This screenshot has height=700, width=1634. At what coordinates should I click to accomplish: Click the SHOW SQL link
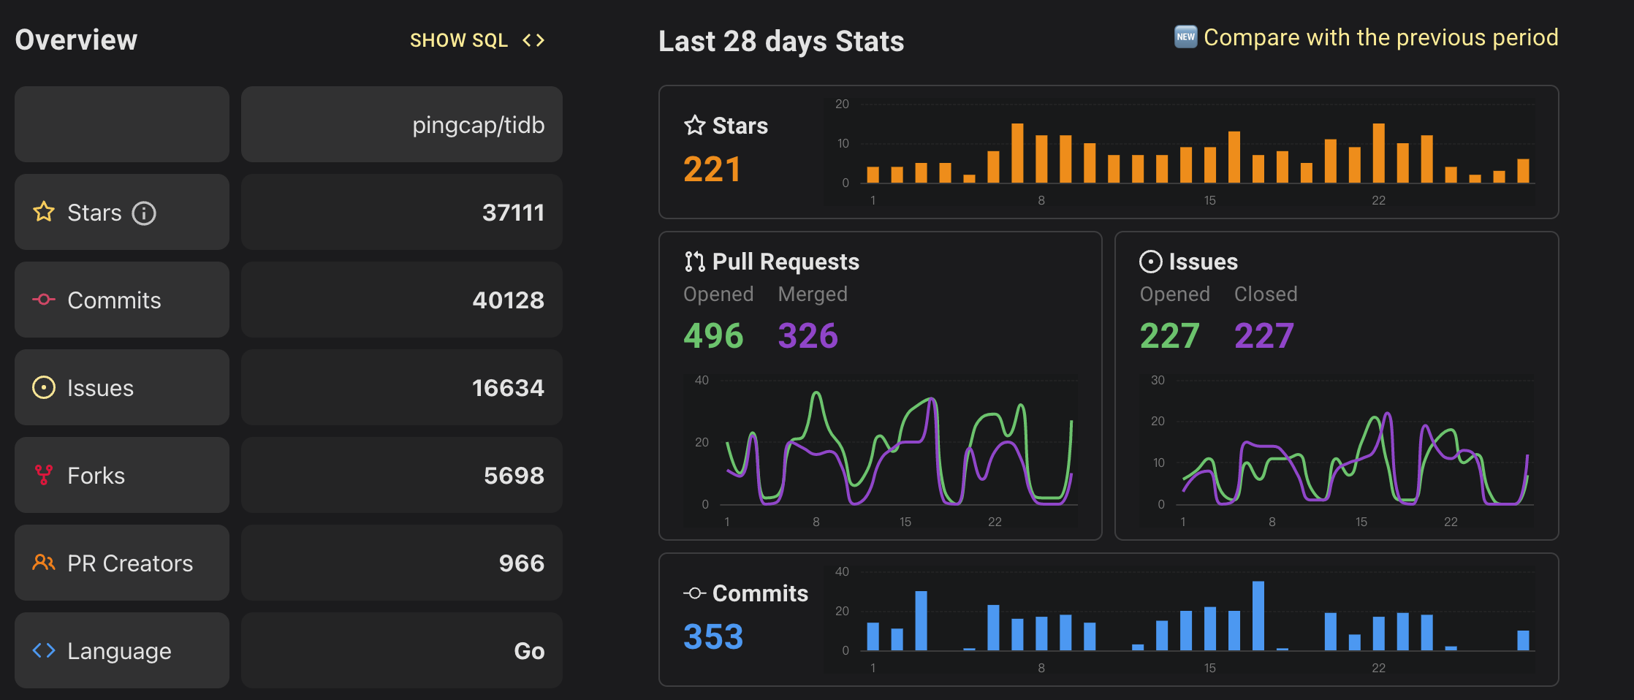tap(476, 40)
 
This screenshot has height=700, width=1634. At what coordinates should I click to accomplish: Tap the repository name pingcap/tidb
tap(478, 125)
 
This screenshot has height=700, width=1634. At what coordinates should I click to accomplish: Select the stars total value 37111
tap(513, 213)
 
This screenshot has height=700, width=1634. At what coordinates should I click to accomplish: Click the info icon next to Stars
tap(144, 213)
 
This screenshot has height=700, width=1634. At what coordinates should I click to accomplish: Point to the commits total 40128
tap(508, 300)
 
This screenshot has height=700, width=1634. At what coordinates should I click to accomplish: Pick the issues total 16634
tap(508, 388)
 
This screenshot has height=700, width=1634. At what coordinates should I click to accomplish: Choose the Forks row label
tap(96, 476)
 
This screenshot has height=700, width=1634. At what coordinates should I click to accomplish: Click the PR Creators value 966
tap(521, 563)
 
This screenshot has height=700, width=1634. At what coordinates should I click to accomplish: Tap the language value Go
tap(529, 651)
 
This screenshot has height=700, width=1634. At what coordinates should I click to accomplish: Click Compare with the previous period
tap(1380, 37)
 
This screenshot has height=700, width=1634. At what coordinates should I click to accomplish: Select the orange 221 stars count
tap(712, 170)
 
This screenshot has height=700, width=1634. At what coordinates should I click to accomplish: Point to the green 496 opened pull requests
tap(713, 336)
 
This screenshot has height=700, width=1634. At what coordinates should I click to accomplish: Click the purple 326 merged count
tap(807, 336)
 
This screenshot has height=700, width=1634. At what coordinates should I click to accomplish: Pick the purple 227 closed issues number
tap(1263, 336)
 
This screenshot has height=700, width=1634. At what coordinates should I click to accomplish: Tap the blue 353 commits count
tap(713, 636)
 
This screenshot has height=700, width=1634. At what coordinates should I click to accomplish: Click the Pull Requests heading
tap(785, 262)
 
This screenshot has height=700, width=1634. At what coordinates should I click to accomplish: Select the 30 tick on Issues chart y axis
tap(1158, 380)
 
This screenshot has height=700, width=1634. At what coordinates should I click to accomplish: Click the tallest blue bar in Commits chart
tap(1258, 616)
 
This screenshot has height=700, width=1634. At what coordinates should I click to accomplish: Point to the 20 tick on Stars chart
tap(842, 104)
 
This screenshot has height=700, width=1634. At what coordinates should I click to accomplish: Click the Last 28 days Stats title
tap(780, 42)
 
